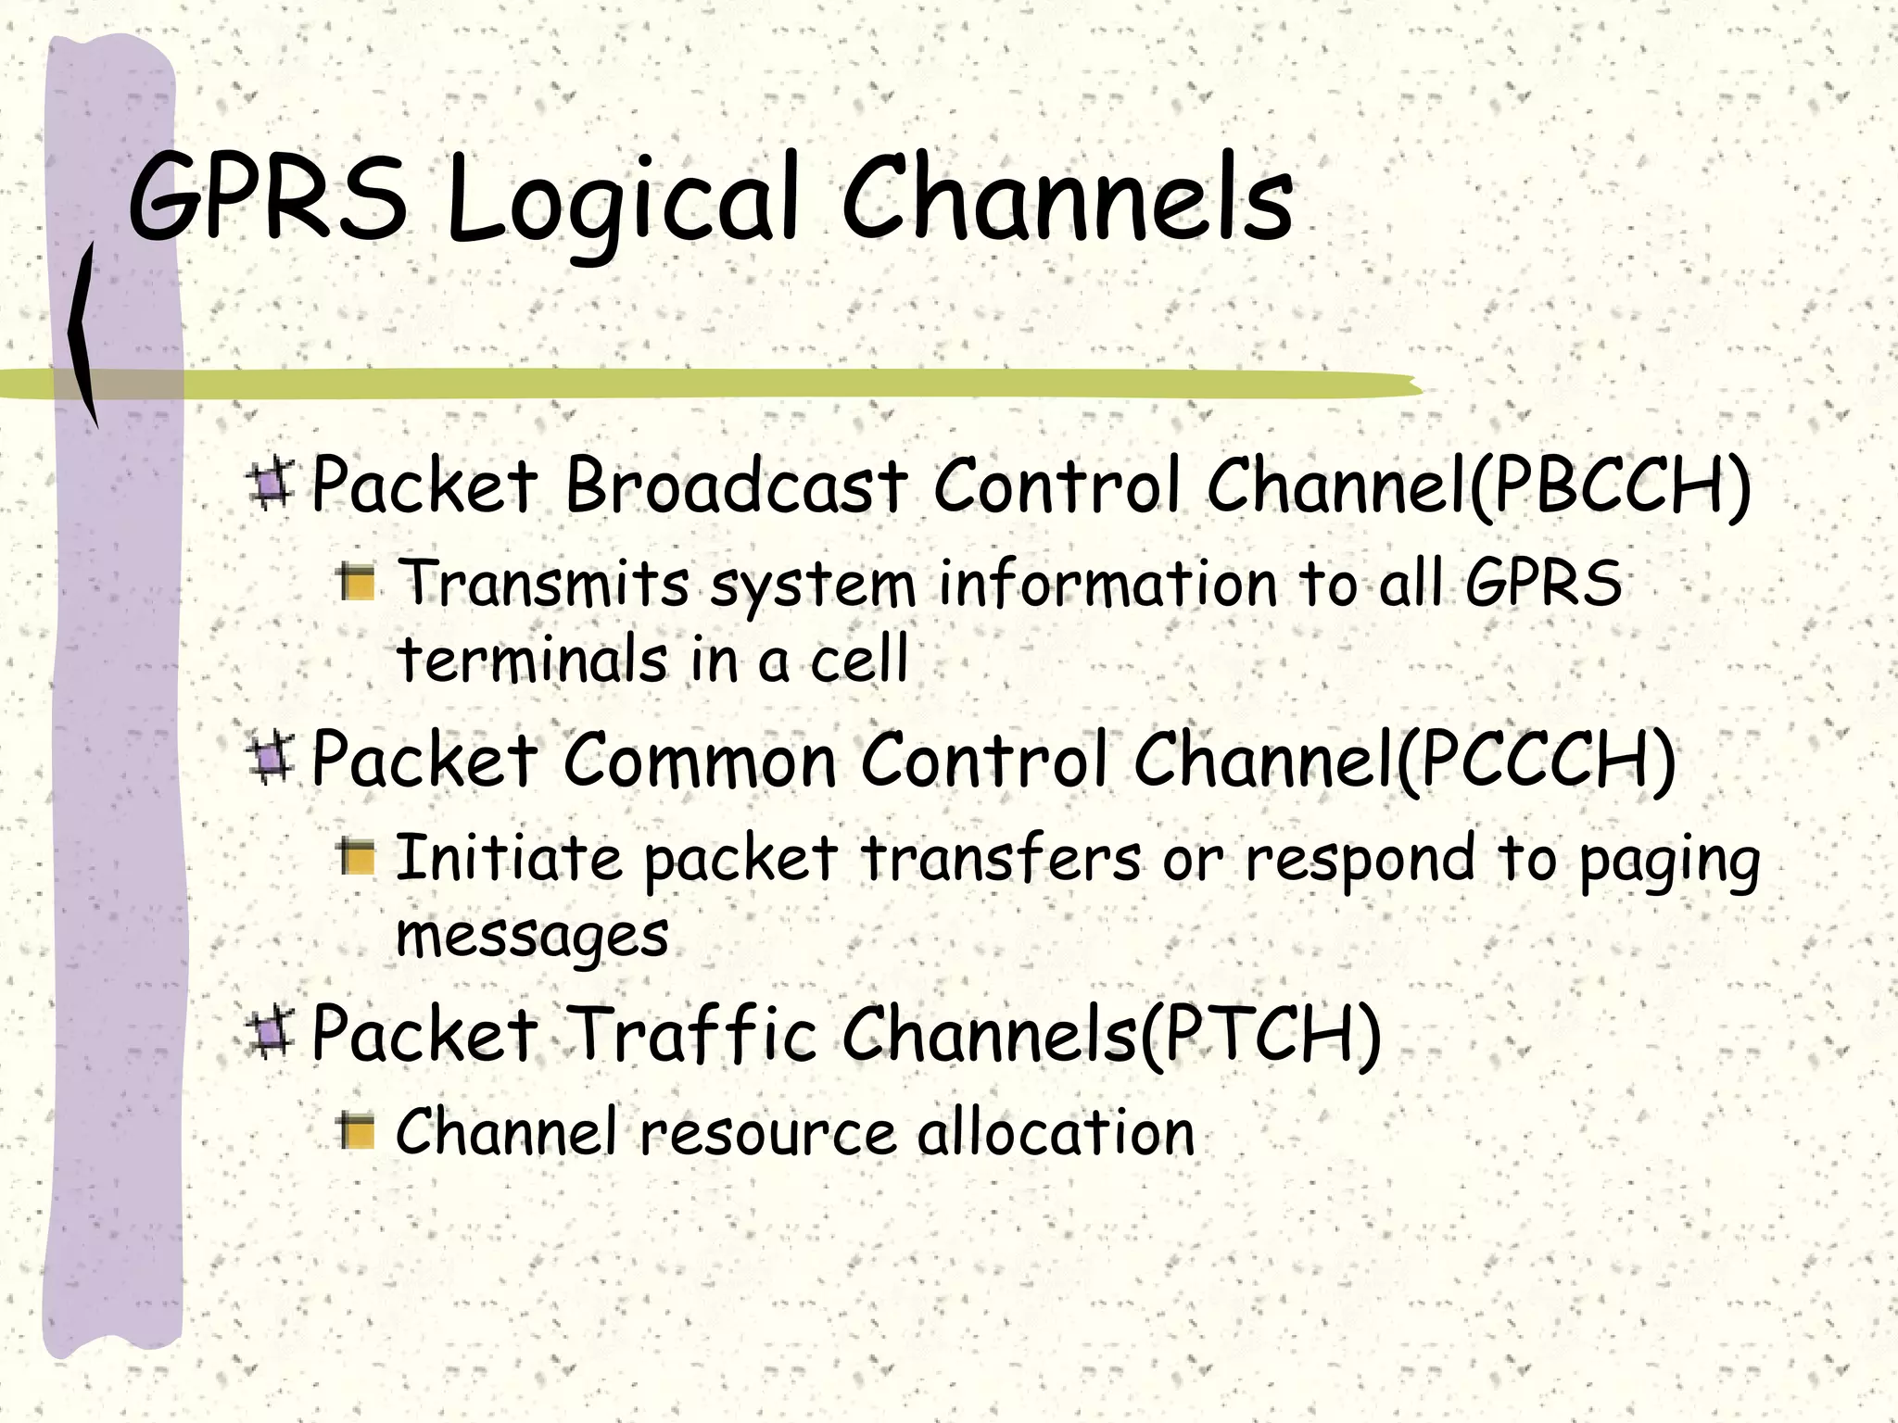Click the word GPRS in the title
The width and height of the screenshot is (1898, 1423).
268,199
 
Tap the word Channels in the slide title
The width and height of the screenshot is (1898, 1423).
1067,199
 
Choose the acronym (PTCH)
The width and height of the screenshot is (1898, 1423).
1260,1034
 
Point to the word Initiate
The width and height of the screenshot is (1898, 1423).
509,856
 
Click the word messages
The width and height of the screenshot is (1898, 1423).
532,936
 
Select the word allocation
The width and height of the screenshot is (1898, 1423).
1056,1132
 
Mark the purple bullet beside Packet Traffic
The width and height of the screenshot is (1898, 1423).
270,1034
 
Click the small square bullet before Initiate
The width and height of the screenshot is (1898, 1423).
357,858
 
